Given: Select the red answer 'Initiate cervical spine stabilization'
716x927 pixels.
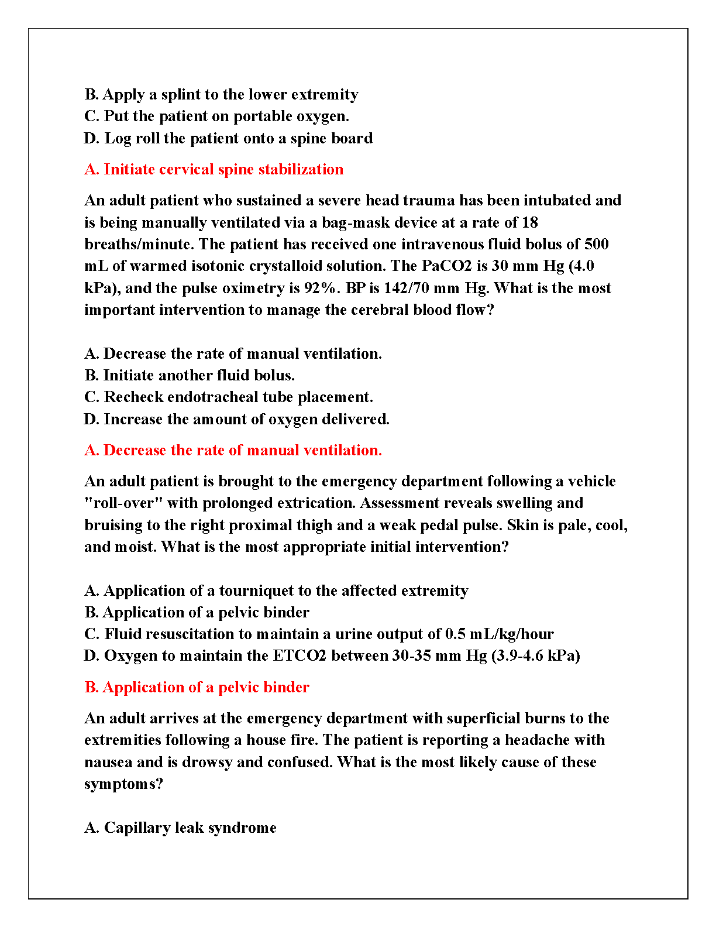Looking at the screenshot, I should coord(214,170).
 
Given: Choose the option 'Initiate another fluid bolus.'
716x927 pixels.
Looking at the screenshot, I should coord(190,375).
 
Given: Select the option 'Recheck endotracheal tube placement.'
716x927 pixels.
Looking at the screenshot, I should coord(229,397).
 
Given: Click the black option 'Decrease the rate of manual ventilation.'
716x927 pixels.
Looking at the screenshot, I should coord(233,354).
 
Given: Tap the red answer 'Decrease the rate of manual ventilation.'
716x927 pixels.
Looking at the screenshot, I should coord(233,451).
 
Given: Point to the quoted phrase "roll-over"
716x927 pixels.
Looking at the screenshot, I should coord(123,503).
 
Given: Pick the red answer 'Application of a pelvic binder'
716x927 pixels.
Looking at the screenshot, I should coord(197,688).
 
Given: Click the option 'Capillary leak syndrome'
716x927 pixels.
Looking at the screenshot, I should coord(180,828).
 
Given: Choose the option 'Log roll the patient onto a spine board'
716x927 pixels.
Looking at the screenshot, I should coord(228,139).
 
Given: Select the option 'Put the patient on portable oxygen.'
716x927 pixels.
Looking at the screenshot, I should coord(216,116).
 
